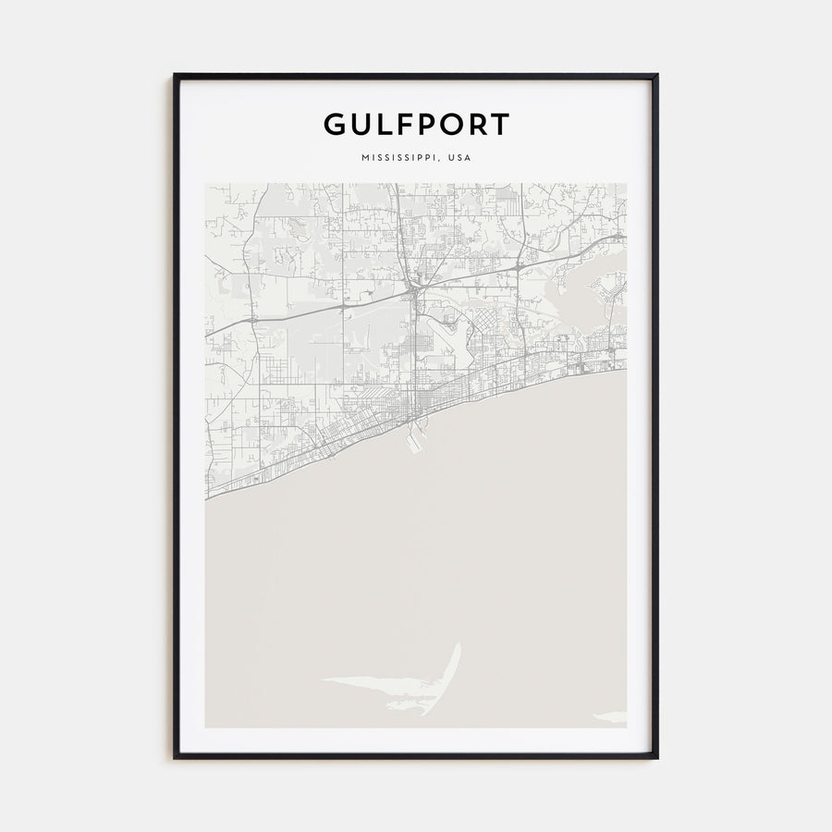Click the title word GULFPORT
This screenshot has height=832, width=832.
pyautogui.click(x=416, y=124)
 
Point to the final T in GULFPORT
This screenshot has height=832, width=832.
pyautogui.click(x=499, y=124)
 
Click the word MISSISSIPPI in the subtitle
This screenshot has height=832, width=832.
pyautogui.click(x=399, y=157)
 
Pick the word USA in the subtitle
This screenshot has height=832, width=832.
pyautogui.click(x=459, y=157)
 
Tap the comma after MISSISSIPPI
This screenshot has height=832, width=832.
pyautogui.click(x=441, y=160)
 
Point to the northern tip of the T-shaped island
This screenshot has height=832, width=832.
pyautogui.click(x=458, y=645)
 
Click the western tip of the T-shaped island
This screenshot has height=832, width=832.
pyautogui.click(x=324, y=679)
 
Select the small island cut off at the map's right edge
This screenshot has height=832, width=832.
pyautogui.click(x=613, y=716)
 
